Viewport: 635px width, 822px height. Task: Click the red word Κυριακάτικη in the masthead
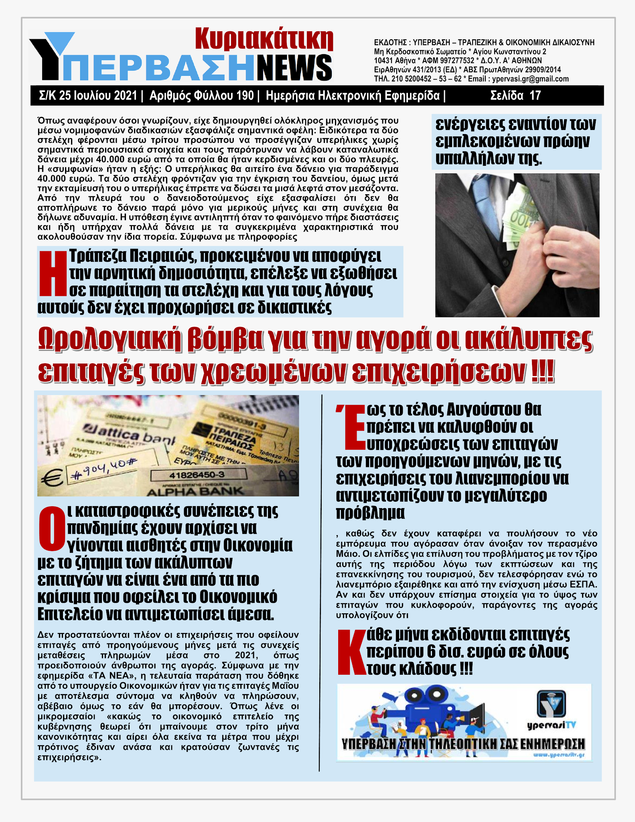coord(264,39)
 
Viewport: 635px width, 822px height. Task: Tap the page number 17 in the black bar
coord(535,96)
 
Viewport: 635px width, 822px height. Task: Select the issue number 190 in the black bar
coord(245,96)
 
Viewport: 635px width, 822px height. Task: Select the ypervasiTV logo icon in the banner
coord(551,703)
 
